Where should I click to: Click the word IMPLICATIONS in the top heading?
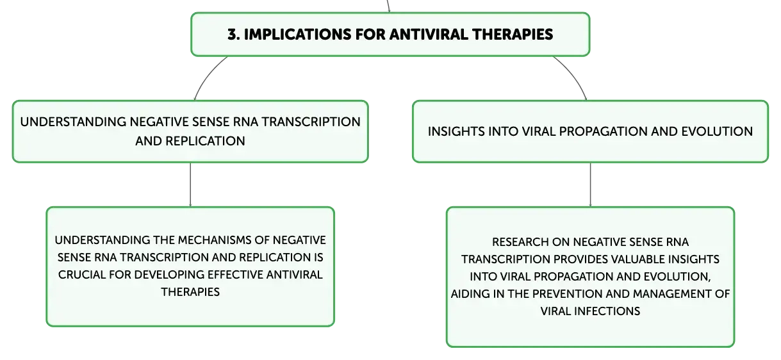click(x=297, y=35)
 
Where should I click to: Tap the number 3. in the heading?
click(x=234, y=35)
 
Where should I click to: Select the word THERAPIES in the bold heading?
click(x=513, y=35)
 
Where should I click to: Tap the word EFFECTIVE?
click(x=235, y=275)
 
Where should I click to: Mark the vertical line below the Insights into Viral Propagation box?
click(x=590, y=184)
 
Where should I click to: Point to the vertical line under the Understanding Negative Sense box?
click(x=190, y=184)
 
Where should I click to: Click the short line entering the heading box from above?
click(x=388, y=6)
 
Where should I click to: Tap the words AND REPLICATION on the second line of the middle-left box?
click(x=190, y=141)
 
